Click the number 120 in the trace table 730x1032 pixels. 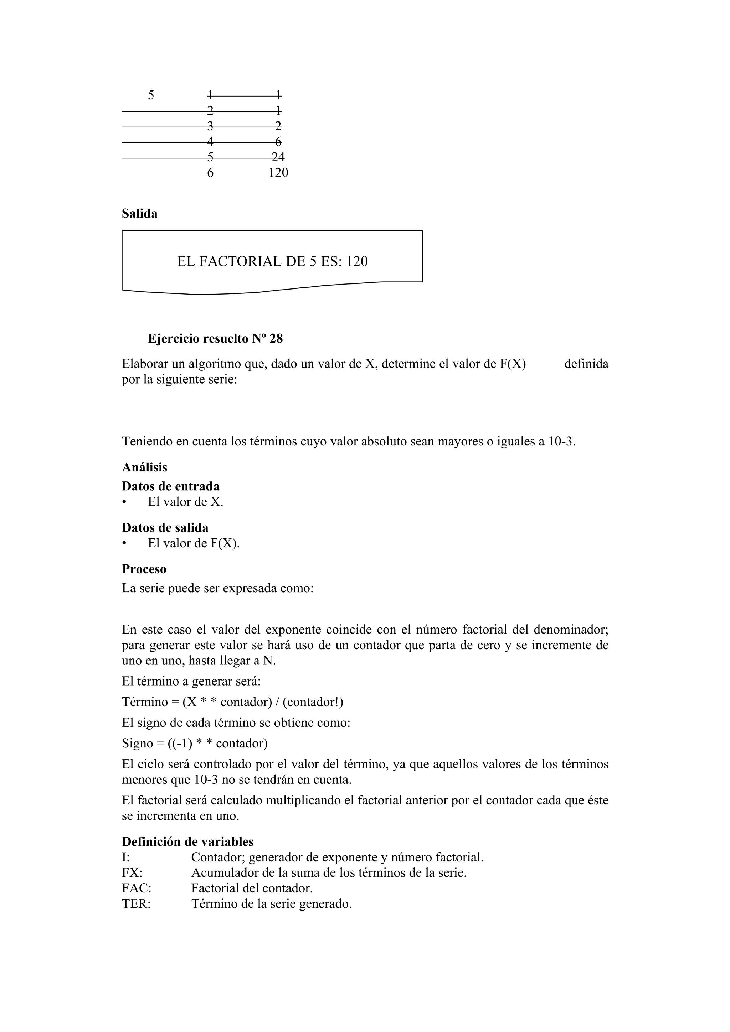pyautogui.click(x=278, y=173)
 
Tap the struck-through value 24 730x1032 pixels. pyautogui.click(x=278, y=157)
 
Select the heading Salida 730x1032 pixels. pyautogui.click(x=139, y=214)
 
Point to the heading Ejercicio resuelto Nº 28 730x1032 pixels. pyautogui.click(x=215, y=338)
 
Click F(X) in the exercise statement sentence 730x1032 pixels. pyautogui.click(x=513, y=363)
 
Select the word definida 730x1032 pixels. pyautogui.click(x=586, y=363)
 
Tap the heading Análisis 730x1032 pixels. pyautogui.click(x=144, y=468)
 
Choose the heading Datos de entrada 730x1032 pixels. pyautogui.click(x=170, y=486)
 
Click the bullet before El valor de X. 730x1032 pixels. pyautogui.click(x=124, y=502)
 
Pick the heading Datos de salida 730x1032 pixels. pyautogui.click(x=165, y=528)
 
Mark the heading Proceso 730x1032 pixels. pyautogui.click(x=144, y=569)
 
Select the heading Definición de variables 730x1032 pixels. pyautogui.click(x=187, y=841)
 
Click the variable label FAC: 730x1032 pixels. pyautogui.click(x=136, y=888)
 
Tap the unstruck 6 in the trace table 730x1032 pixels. pyautogui.click(x=210, y=173)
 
